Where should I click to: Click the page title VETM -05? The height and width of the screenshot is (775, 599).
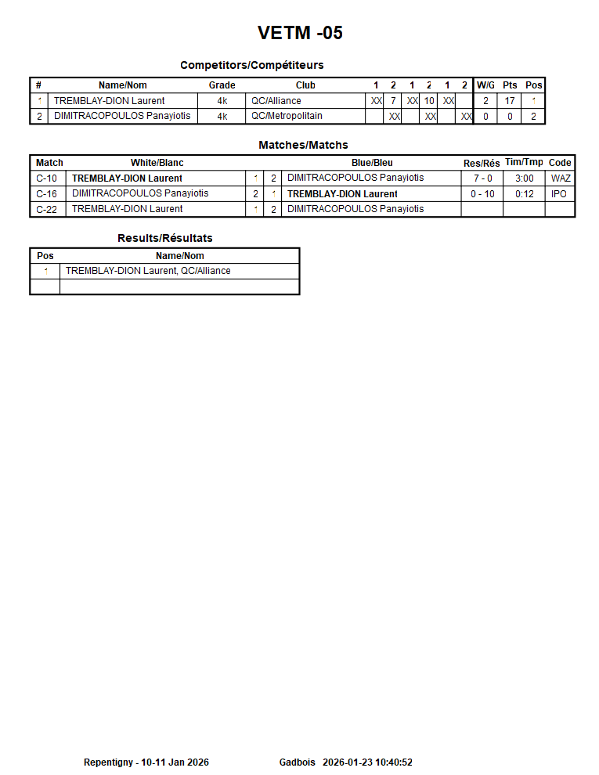click(300, 33)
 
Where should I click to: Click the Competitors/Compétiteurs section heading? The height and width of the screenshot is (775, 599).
click(251, 65)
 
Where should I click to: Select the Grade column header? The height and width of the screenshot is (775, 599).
click(222, 85)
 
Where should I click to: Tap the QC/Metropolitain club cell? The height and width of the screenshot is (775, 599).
click(287, 116)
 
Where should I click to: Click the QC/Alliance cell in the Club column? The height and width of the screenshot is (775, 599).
click(276, 101)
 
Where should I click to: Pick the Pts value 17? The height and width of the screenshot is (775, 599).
click(510, 101)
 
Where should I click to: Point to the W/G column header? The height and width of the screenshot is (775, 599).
click(485, 85)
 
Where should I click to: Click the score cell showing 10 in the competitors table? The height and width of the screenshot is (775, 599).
click(429, 101)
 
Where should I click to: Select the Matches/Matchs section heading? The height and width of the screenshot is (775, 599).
click(303, 145)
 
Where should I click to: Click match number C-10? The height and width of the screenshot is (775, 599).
click(47, 178)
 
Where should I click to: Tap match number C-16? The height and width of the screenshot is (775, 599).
click(47, 194)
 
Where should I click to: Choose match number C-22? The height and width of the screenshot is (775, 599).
click(47, 209)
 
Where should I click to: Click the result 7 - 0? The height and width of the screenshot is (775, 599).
click(482, 178)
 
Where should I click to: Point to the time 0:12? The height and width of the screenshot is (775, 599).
click(524, 194)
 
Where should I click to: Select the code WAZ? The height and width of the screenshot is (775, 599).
click(561, 178)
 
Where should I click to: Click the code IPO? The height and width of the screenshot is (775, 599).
click(559, 194)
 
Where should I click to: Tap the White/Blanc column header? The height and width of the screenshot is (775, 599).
click(157, 163)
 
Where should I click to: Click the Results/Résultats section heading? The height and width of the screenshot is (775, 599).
click(164, 238)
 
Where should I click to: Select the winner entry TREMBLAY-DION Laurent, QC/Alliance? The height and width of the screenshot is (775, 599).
click(148, 271)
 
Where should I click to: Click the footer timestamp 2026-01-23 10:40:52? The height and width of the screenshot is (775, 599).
click(367, 762)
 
